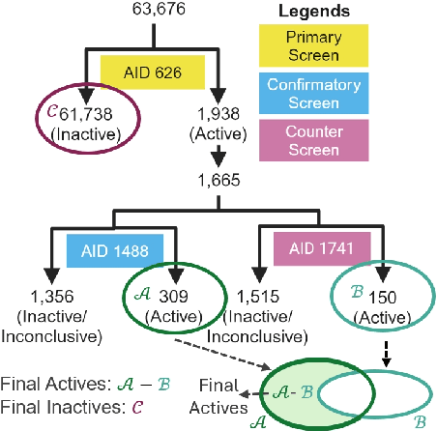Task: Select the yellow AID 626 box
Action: [153, 71]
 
